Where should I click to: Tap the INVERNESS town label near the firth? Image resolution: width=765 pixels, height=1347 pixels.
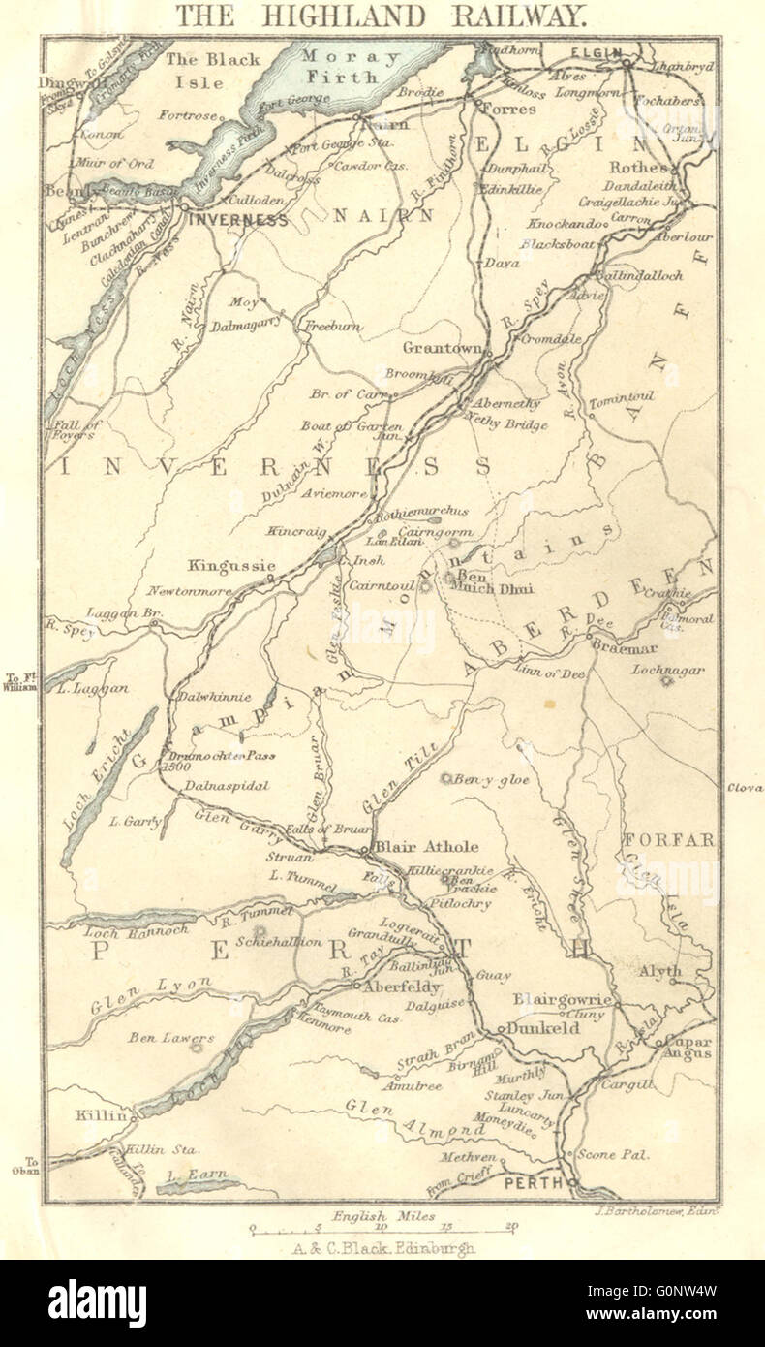pyautogui.click(x=240, y=220)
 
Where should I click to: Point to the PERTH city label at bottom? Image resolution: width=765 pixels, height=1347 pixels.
pyautogui.click(x=532, y=1183)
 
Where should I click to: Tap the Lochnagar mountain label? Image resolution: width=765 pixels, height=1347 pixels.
pyautogui.click(x=668, y=670)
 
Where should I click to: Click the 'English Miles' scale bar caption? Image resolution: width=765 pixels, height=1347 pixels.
pyautogui.click(x=383, y=1215)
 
